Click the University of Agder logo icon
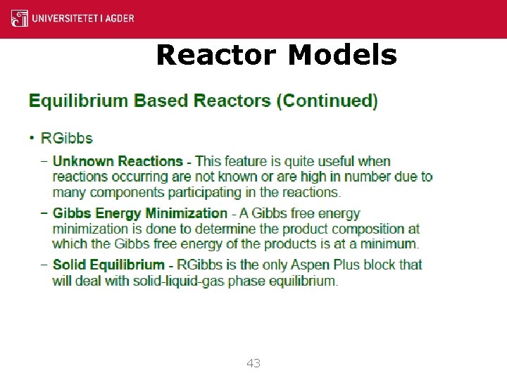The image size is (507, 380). coord(20,18)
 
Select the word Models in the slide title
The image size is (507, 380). coord(342,54)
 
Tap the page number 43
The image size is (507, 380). coord(254,363)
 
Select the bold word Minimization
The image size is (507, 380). coord(186,213)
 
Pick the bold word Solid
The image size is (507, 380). coord(69,265)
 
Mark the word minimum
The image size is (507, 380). coord(389,244)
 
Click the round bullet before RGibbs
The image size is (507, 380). coord(32,138)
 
